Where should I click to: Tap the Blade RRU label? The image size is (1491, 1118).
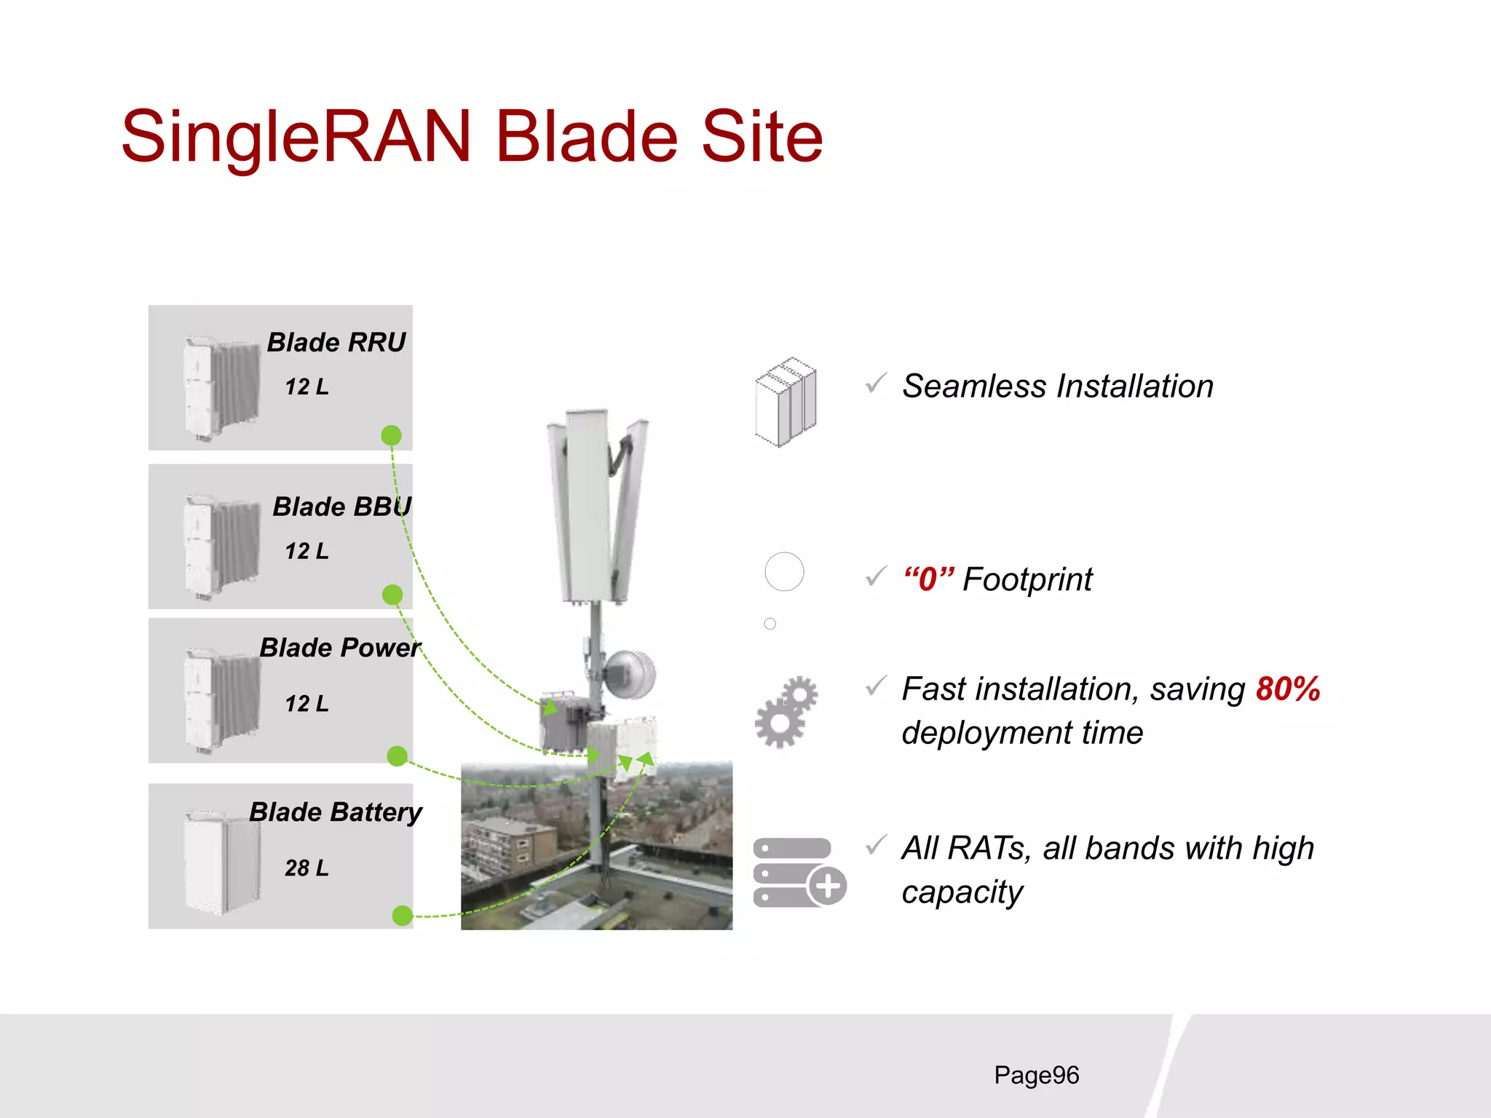(336, 342)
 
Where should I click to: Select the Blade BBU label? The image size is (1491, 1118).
(341, 507)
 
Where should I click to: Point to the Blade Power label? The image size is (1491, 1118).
(340, 647)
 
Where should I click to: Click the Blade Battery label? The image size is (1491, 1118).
(336, 812)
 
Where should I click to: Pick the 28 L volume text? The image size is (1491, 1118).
(306, 868)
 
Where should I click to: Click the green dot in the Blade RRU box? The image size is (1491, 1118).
(392, 435)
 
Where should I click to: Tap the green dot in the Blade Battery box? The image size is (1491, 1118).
(402, 915)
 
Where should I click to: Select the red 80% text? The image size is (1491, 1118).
(1288, 689)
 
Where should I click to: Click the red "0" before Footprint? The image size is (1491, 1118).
(928, 579)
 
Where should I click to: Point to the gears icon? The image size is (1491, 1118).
(786, 712)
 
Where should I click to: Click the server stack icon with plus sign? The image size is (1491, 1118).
(799, 872)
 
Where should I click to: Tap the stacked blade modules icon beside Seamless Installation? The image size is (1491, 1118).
(786, 401)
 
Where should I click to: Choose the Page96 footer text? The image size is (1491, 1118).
(1036, 1075)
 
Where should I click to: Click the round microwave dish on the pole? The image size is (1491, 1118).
(630, 673)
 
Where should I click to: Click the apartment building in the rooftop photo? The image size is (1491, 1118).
(509, 845)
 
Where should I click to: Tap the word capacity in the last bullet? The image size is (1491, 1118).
(962, 892)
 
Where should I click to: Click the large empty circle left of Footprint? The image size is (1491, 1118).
(784, 571)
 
